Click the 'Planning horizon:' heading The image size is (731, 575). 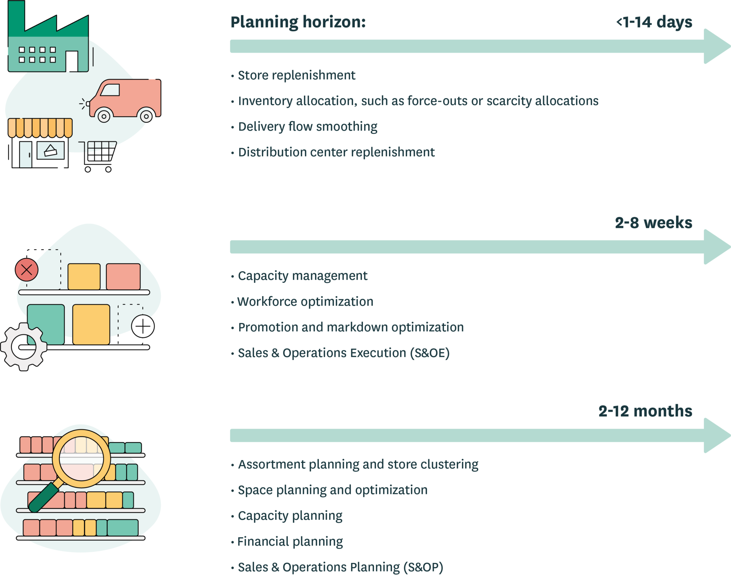(x=298, y=22)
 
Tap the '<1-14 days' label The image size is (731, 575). (x=654, y=22)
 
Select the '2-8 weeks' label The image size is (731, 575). (x=654, y=222)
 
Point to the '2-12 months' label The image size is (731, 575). (x=645, y=411)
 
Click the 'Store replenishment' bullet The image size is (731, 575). (x=296, y=75)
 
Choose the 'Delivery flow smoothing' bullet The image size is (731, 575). (x=307, y=127)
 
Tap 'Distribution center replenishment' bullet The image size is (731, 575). (x=336, y=152)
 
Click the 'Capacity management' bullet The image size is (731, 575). (x=302, y=276)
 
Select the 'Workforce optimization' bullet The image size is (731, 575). (x=305, y=302)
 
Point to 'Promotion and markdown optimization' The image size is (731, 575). (x=351, y=327)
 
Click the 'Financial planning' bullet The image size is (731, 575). (x=290, y=541)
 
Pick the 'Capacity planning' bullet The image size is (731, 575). (x=290, y=516)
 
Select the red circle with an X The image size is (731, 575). (x=27, y=270)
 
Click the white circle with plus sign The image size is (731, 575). (x=143, y=326)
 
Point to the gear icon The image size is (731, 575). (x=24, y=346)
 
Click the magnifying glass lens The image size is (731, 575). (x=81, y=459)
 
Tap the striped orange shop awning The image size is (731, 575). (x=40, y=127)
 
